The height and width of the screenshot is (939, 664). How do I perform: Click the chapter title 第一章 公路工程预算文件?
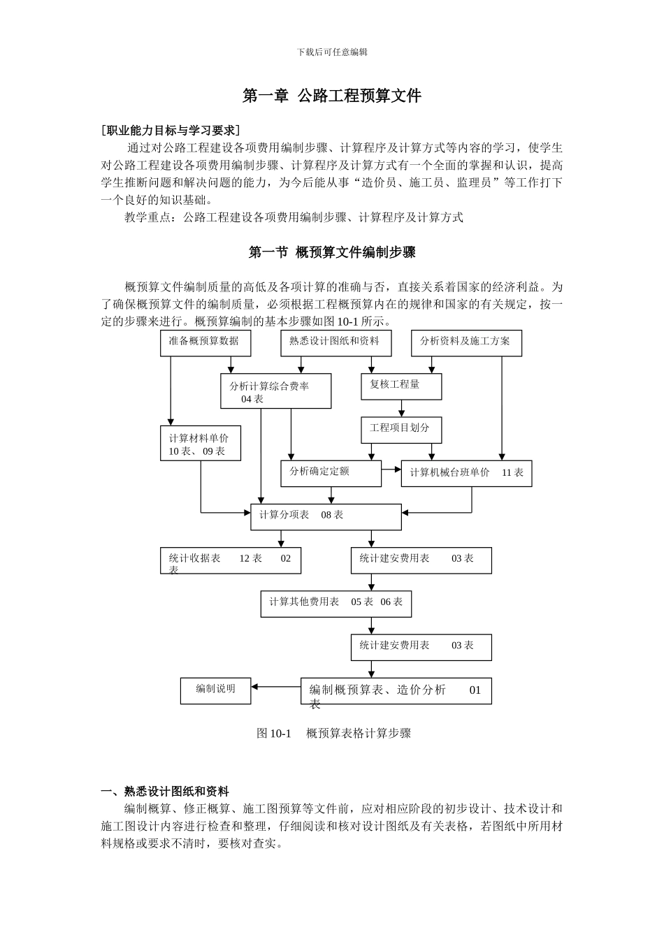[331, 96]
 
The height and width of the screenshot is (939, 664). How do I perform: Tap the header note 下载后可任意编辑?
[332, 52]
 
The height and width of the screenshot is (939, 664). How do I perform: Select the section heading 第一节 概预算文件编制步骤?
[332, 252]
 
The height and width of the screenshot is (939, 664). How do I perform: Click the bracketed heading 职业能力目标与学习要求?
[171, 130]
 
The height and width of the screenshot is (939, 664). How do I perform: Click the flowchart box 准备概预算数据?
[205, 342]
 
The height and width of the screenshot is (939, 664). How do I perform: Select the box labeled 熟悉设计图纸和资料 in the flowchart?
[335, 342]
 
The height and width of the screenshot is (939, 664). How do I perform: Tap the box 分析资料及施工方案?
[466, 342]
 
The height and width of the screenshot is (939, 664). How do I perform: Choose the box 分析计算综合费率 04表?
[275, 391]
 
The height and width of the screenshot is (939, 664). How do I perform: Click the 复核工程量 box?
[401, 386]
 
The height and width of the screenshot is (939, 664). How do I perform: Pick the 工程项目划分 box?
[401, 430]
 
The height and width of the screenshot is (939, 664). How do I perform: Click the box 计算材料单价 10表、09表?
[200, 444]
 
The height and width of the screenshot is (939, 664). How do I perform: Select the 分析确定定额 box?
[331, 473]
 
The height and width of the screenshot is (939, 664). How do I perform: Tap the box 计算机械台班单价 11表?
[466, 473]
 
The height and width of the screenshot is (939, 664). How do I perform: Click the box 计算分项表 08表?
[326, 516]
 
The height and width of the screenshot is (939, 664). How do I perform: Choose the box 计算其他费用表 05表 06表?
[335, 603]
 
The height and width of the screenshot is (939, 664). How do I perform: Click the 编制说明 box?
[215, 690]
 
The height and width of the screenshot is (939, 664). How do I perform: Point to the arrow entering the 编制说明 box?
[275, 687]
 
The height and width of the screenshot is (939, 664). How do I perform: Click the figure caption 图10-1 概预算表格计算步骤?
[333, 733]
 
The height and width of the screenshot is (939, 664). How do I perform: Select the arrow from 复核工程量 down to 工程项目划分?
[401, 409]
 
